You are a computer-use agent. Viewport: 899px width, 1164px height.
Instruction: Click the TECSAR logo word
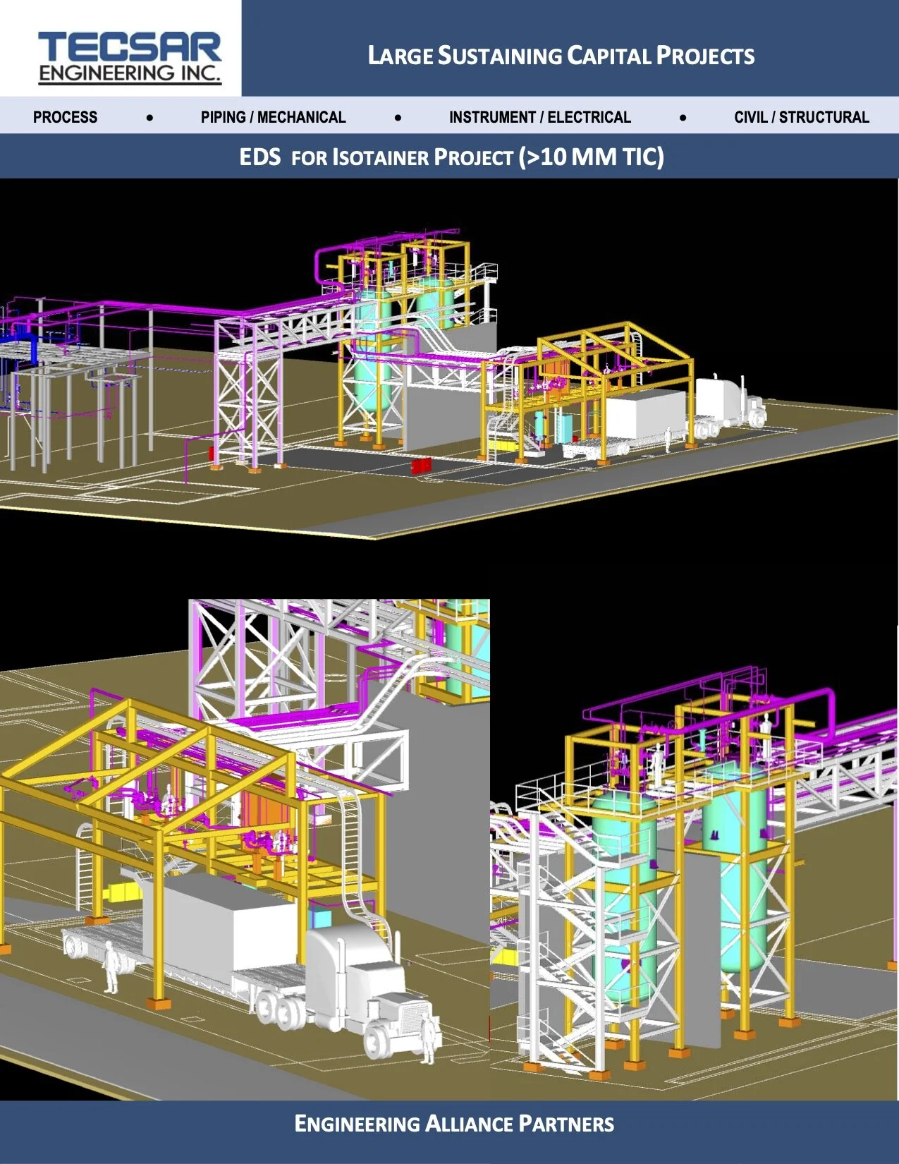tap(130, 47)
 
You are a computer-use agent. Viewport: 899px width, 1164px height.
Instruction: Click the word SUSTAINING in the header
tap(500, 56)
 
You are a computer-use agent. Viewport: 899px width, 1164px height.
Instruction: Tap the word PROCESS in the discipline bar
tap(65, 117)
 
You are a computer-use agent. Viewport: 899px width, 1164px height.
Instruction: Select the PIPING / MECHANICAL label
tap(273, 117)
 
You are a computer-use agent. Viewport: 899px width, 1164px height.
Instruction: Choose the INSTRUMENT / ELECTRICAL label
tap(539, 117)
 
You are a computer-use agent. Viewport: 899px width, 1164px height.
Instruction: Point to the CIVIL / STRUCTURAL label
tap(801, 117)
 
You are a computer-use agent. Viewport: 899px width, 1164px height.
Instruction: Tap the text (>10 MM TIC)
tap(591, 157)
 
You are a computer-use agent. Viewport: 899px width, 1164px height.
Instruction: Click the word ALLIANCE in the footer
tap(470, 1124)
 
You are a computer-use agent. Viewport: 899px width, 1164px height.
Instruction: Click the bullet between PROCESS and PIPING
tap(149, 118)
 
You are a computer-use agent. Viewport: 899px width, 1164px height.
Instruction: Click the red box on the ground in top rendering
tap(421, 466)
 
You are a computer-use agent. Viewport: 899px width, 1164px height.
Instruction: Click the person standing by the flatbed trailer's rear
tap(111, 967)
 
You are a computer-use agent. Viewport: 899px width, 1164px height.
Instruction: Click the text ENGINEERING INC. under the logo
tap(130, 73)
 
